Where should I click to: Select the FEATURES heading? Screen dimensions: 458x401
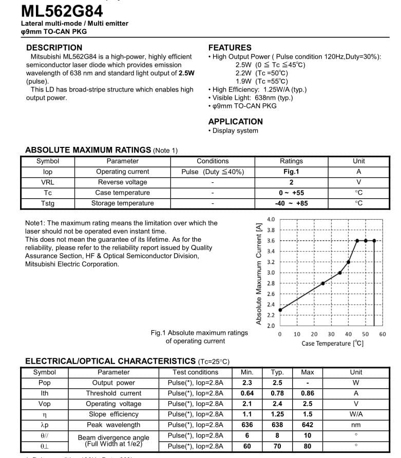tap(230, 47)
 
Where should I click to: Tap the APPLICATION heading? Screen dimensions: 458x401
tap(235, 122)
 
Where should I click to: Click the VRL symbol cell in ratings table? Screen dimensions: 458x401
tap(48, 182)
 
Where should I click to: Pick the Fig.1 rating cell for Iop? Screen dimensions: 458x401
tap(291, 172)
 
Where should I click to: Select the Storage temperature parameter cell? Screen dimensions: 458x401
tap(123, 203)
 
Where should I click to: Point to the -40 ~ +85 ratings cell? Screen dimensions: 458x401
tap(291, 203)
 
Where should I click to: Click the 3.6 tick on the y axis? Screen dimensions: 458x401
tap(271, 241)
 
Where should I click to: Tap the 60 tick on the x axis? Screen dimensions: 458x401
tap(383, 334)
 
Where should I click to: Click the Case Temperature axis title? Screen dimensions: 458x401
tap(333, 343)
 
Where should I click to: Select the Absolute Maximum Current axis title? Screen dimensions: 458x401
tap(259, 273)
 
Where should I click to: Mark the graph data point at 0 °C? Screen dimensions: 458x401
tap(280, 310)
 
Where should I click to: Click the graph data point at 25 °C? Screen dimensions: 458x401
tap(323, 283)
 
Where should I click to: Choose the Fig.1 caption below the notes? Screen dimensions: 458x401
tap(199, 337)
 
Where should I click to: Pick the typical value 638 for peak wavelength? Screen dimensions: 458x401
tap(277, 425)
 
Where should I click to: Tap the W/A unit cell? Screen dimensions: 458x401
tap(356, 414)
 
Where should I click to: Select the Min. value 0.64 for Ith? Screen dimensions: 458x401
tap(247, 393)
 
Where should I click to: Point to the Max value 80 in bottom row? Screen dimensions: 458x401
tap(308, 446)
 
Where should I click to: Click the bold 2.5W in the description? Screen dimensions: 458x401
tap(186, 73)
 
